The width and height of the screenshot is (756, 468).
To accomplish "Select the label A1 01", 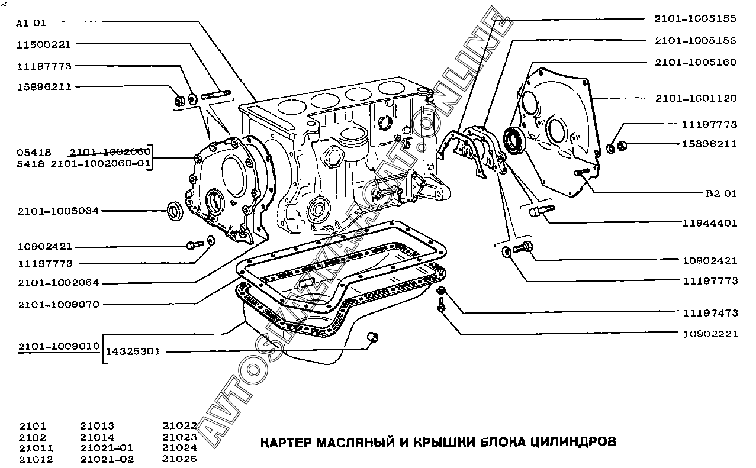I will click(x=31, y=23).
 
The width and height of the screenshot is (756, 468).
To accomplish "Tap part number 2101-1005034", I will click(x=58, y=211).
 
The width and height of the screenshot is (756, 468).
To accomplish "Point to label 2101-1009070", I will click(x=58, y=305).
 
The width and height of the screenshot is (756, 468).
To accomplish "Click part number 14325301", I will click(x=133, y=351).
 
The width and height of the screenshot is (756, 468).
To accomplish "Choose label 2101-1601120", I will click(x=696, y=98).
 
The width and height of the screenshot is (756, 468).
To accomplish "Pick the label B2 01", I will click(x=721, y=193).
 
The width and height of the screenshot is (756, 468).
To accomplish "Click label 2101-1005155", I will click(x=695, y=18).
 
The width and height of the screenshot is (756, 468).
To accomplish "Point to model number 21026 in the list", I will click(x=179, y=459).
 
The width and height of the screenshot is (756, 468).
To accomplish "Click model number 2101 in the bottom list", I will click(x=33, y=426).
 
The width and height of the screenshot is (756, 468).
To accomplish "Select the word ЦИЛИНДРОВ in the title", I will click(x=570, y=442).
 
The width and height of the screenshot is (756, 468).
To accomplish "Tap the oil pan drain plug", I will click(x=373, y=337).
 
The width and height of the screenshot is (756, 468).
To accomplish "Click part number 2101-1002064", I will click(x=58, y=283).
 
